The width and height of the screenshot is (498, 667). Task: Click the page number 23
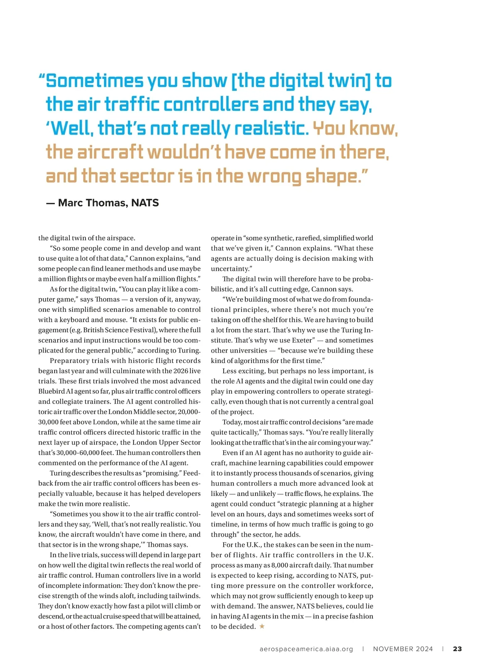coord(457,649)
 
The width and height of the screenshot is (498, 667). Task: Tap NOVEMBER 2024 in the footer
coord(403,649)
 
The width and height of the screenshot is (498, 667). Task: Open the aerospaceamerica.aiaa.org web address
coord(306,649)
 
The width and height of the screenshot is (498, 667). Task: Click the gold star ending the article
coord(262,626)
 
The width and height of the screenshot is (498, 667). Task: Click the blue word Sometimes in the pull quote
coord(95,81)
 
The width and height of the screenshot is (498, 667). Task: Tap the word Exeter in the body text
coord(302,340)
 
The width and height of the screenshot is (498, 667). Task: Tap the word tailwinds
coord(184,596)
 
